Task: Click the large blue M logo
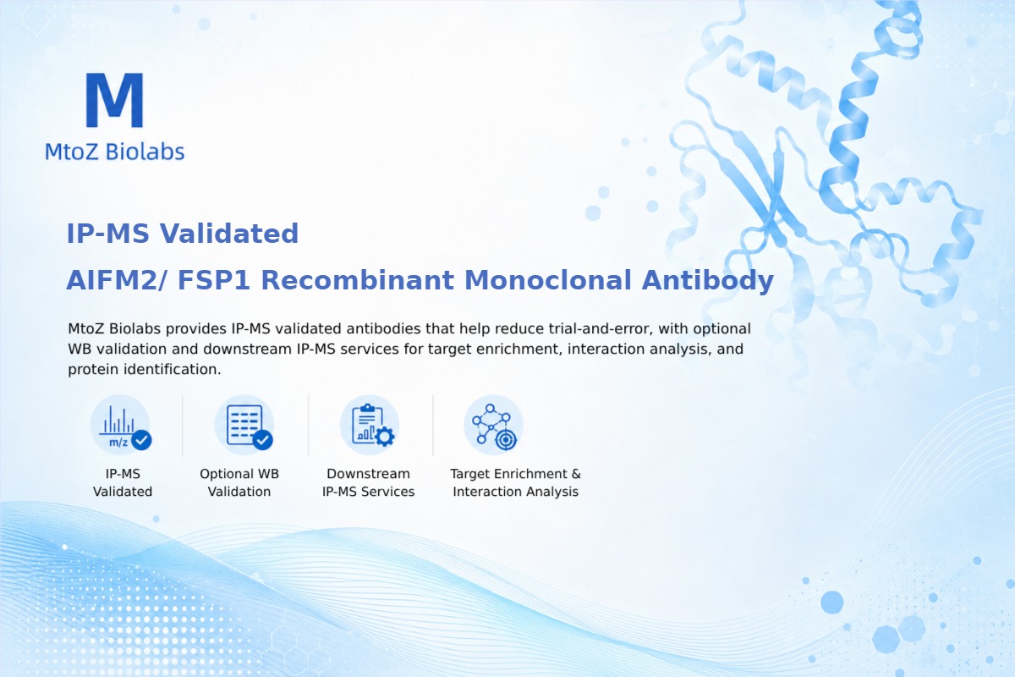click(x=115, y=100)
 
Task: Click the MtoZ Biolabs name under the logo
click(x=115, y=151)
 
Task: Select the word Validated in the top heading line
click(x=229, y=234)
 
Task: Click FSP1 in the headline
click(x=214, y=280)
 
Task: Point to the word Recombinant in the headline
click(x=358, y=280)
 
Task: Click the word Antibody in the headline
click(x=708, y=280)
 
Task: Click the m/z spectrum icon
click(x=120, y=426)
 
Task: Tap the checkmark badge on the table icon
click(x=262, y=439)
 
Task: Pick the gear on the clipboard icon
click(x=385, y=437)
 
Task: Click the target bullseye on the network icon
click(x=506, y=439)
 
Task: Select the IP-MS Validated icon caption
click(x=123, y=482)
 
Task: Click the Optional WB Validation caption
click(x=239, y=482)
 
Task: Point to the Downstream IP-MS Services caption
click(x=369, y=482)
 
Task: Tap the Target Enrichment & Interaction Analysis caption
click(x=516, y=482)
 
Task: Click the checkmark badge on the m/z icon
click(x=141, y=439)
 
